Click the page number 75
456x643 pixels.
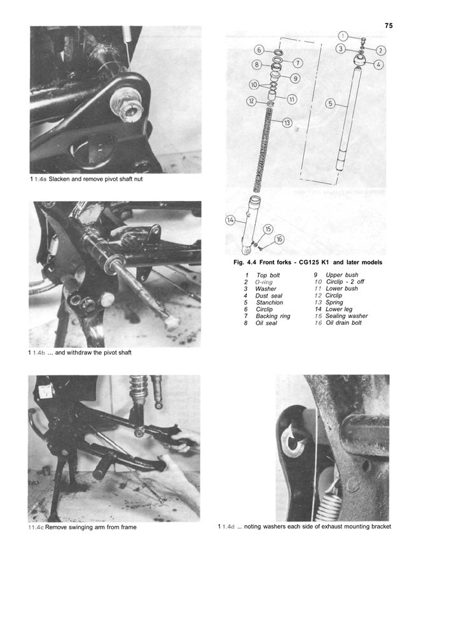pos(389,25)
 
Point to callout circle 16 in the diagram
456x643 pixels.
pos(279,240)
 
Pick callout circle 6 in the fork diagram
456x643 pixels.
pos(259,50)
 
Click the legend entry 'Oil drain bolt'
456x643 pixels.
pos(343,322)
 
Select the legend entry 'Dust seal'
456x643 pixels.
pos(268,296)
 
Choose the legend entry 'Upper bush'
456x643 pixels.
pos(342,275)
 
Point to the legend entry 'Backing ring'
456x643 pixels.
pos(273,316)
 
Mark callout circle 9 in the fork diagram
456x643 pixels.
pos(295,78)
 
